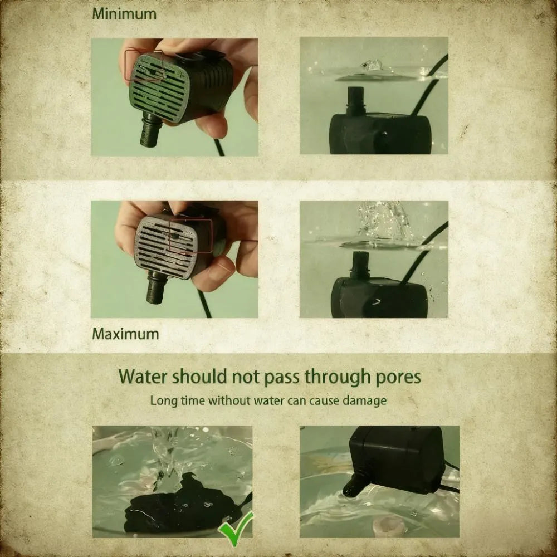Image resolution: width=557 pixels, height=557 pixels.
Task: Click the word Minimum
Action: (124, 14)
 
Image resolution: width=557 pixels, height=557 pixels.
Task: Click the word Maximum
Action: (125, 334)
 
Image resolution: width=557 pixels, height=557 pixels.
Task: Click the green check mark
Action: (236, 528)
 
